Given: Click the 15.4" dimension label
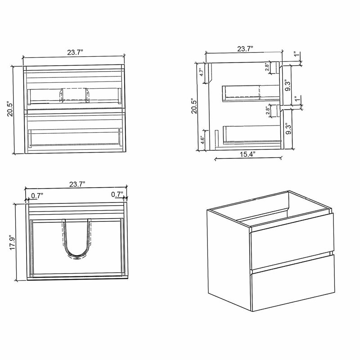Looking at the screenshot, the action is (248, 154).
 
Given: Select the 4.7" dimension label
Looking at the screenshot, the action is (202, 72).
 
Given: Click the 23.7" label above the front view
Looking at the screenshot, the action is (75, 52).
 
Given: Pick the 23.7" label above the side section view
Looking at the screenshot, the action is (245, 49).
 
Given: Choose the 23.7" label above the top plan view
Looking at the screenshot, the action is (77, 184).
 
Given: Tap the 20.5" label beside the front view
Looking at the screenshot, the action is (10, 108).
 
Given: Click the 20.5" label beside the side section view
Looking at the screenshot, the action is (194, 106).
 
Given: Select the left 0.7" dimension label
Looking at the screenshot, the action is (37, 196).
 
